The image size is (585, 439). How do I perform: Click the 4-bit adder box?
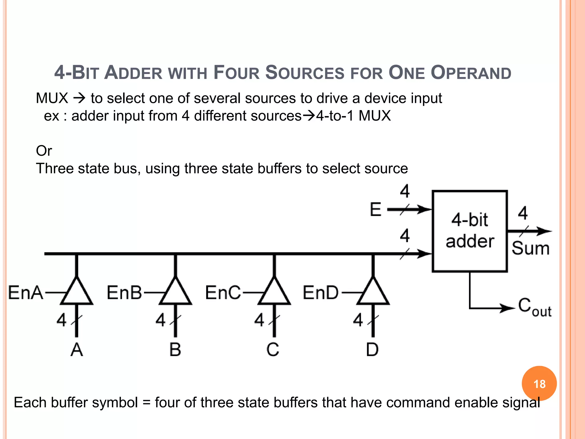[470, 231]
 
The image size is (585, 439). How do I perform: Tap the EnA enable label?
[26, 293]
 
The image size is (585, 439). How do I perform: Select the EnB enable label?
[124, 293]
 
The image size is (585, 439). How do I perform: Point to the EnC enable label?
[223, 293]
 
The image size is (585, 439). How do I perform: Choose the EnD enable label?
[321, 293]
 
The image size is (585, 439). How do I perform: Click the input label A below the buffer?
[77, 350]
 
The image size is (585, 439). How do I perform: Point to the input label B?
[175, 350]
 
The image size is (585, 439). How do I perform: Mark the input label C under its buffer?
[273, 350]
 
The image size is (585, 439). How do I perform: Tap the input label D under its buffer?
[372, 350]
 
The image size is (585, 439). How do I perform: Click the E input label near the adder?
[376, 209]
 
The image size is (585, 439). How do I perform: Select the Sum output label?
[530, 248]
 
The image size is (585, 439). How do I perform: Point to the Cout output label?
[534, 307]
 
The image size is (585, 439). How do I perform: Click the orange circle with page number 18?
[539, 384]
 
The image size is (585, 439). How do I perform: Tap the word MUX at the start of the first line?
[52, 98]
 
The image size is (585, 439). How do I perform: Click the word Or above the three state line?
[44, 151]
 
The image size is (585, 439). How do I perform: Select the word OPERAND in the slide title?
[471, 73]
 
